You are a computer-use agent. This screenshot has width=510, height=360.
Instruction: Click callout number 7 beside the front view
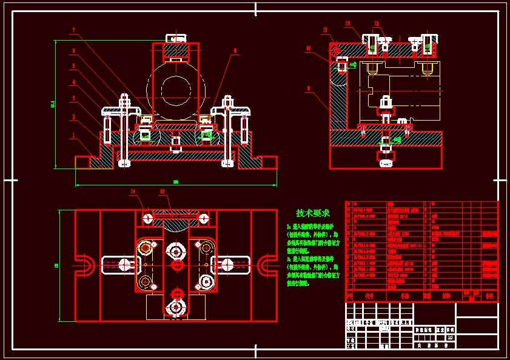click(73, 30)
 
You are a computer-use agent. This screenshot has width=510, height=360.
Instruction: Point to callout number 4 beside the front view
click(73, 82)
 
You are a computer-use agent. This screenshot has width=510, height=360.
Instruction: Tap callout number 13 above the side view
click(325, 30)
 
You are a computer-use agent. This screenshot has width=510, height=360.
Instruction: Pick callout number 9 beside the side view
click(309, 88)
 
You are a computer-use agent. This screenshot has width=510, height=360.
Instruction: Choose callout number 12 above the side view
click(348, 24)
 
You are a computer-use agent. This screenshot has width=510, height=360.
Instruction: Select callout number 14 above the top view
click(133, 192)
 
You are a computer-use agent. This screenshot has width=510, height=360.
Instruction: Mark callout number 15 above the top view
click(162, 192)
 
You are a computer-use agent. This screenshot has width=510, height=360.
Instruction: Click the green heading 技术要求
click(313, 213)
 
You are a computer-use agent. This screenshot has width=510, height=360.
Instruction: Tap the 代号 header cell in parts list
click(369, 296)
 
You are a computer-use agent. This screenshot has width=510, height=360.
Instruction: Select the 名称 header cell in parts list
click(405, 296)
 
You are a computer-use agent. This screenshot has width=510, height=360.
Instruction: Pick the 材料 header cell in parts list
click(446, 296)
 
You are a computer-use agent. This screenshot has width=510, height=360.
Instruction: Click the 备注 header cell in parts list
click(489, 296)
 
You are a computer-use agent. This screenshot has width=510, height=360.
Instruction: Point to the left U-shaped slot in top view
click(87, 264)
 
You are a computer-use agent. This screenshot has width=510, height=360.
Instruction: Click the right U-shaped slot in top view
click(265, 264)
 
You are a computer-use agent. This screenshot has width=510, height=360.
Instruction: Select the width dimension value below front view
click(176, 182)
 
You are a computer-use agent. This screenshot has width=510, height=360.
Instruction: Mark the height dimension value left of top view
click(56, 265)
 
